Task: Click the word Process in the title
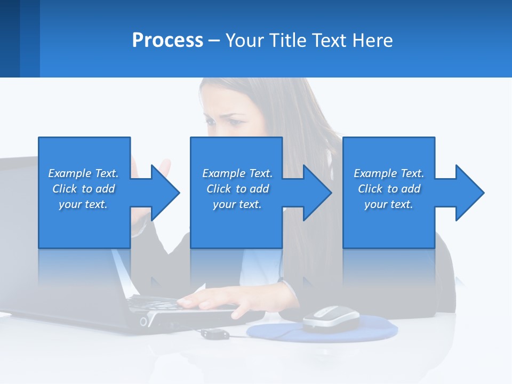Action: (x=167, y=40)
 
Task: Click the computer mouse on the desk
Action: (x=331, y=318)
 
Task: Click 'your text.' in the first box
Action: (x=83, y=204)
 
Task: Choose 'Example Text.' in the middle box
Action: (x=237, y=173)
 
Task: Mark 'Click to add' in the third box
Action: (x=389, y=189)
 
